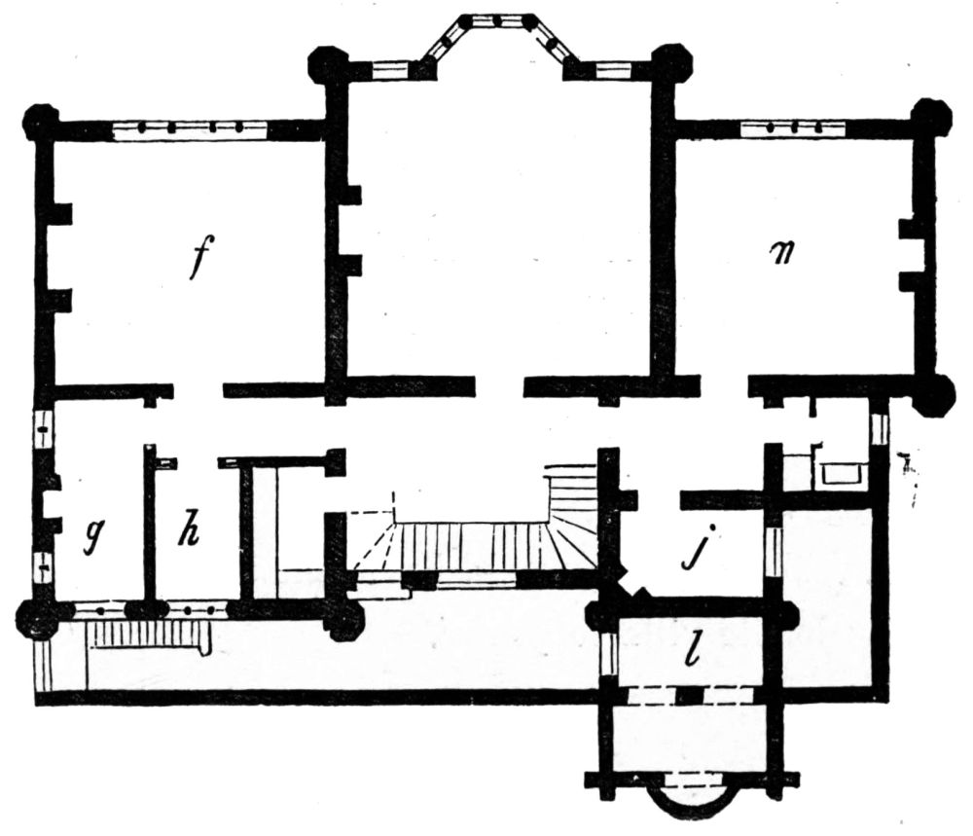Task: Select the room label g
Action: click(x=95, y=534)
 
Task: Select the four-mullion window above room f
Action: click(x=191, y=129)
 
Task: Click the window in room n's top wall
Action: click(x=793, y=129)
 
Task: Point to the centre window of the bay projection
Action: click(x=503, y=22)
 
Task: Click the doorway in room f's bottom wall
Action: click(x=198, y=390)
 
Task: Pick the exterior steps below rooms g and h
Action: click(x=148, y=636)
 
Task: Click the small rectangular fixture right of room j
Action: click(x=842, y=474)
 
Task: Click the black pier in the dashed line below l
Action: click(x=690, y=696)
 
